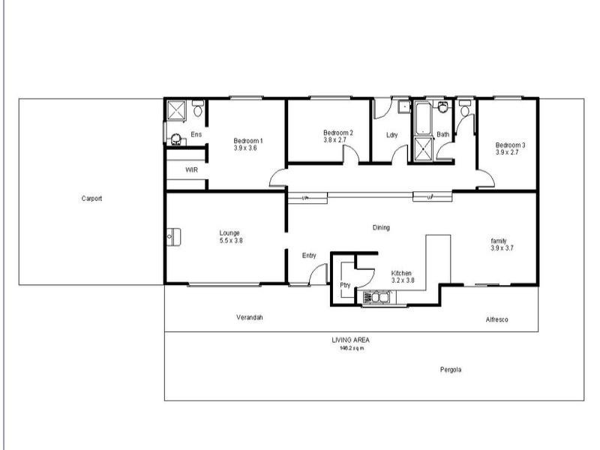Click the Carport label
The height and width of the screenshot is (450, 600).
[91, 199]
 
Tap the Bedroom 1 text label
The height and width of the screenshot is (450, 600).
[247, 140]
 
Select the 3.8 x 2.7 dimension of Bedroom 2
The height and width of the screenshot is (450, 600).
[337, 140]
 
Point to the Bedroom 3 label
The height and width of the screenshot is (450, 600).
[509, 144]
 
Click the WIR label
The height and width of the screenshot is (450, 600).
[191, 170]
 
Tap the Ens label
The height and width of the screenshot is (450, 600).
[196, 134]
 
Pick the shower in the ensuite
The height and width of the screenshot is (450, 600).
[176, 110]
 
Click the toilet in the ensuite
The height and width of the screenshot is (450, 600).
[197, 110]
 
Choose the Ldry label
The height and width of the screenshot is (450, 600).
[391, 135]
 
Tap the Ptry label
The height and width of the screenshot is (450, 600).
[345, 285]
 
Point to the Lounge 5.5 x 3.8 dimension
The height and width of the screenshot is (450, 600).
[230, 240]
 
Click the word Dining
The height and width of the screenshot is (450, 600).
[381, 227]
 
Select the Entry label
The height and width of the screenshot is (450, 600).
[309, 256]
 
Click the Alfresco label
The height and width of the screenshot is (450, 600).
[496, 319]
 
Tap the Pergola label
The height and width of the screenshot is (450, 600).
[450, 370]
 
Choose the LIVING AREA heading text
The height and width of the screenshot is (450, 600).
[350, 340]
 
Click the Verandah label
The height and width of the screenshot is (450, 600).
[250, 317]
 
